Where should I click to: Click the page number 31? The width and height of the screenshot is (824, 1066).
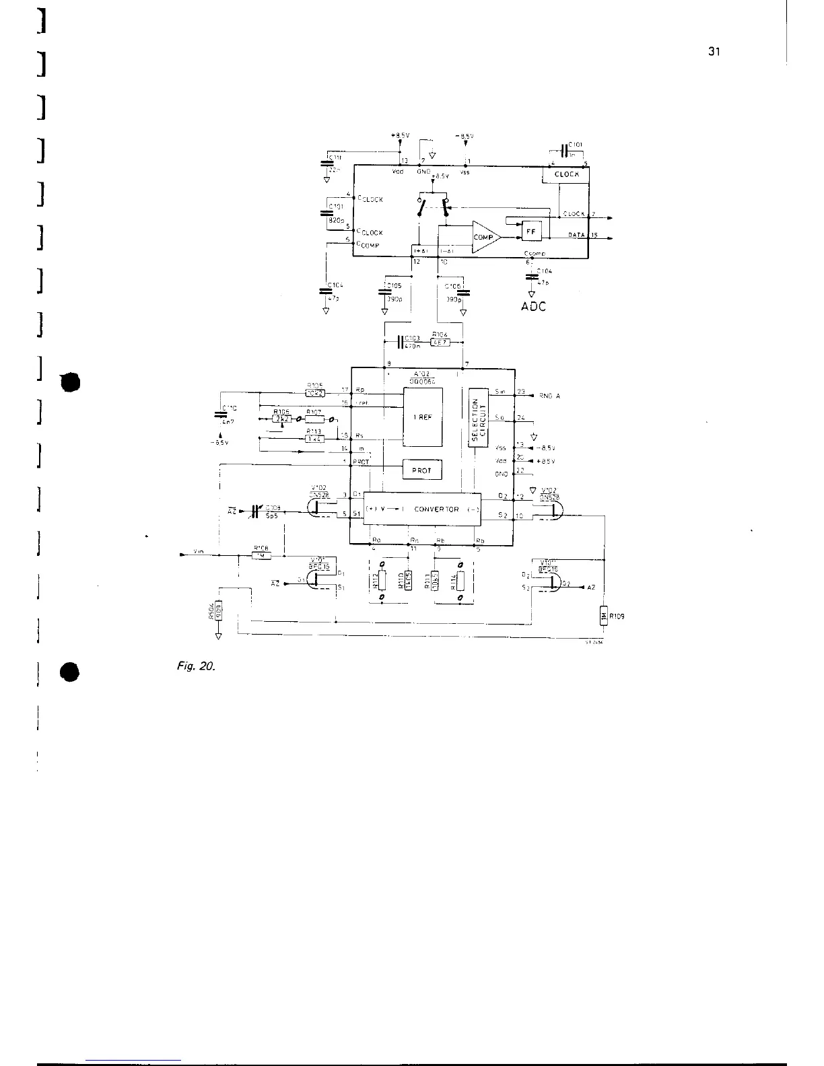point(715,52)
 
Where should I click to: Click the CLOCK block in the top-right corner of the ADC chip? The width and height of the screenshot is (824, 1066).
point(566,174)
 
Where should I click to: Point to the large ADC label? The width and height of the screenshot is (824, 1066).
point(534,306)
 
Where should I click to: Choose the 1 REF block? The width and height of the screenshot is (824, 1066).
point(422,417)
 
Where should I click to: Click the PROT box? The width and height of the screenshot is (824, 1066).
point(421,468)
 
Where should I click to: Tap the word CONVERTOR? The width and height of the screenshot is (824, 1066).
point(436,509)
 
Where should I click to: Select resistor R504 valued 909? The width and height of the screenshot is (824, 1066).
point(218,613)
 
